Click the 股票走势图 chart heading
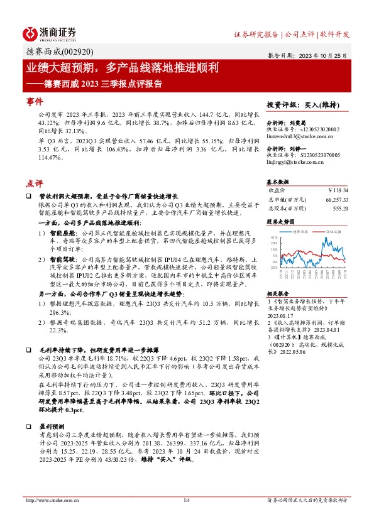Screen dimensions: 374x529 click(281, 222)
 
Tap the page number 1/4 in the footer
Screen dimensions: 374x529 click(186, 518)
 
